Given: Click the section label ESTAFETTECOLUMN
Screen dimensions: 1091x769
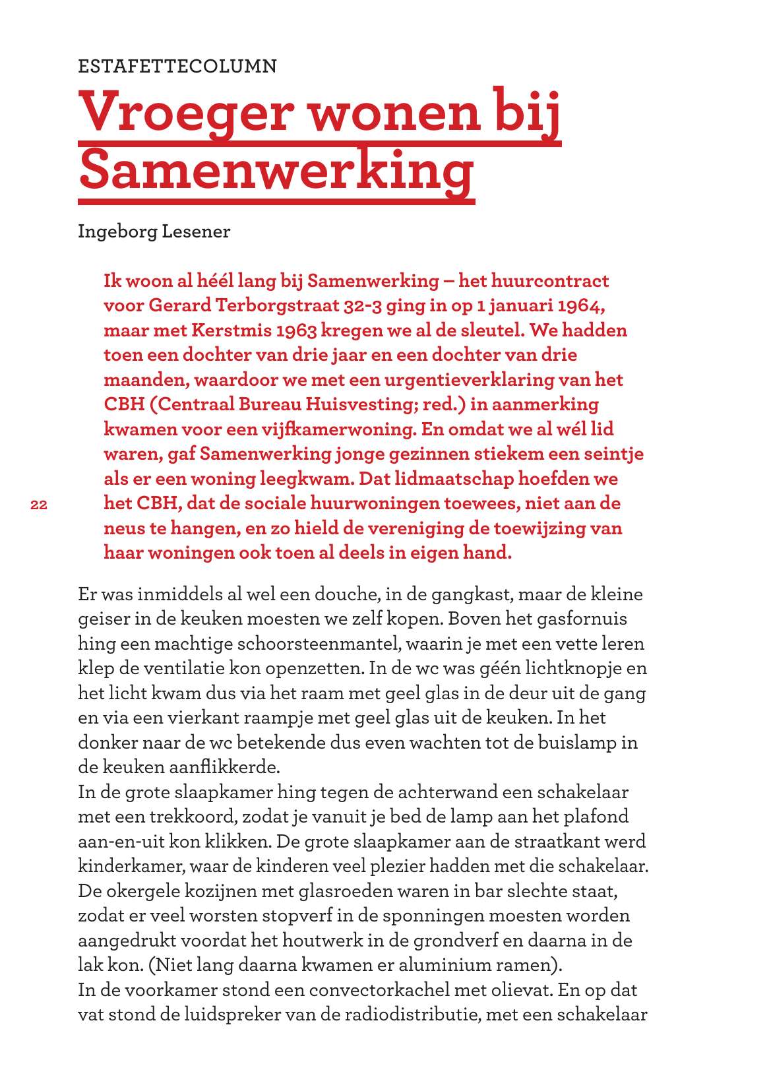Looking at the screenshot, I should [177, 67].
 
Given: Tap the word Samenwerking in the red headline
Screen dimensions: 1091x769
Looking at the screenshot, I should [276, 170].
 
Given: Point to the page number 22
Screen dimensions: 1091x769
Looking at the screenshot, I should [39, 505].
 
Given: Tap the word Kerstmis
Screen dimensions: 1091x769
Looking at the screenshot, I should [234, 330].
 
